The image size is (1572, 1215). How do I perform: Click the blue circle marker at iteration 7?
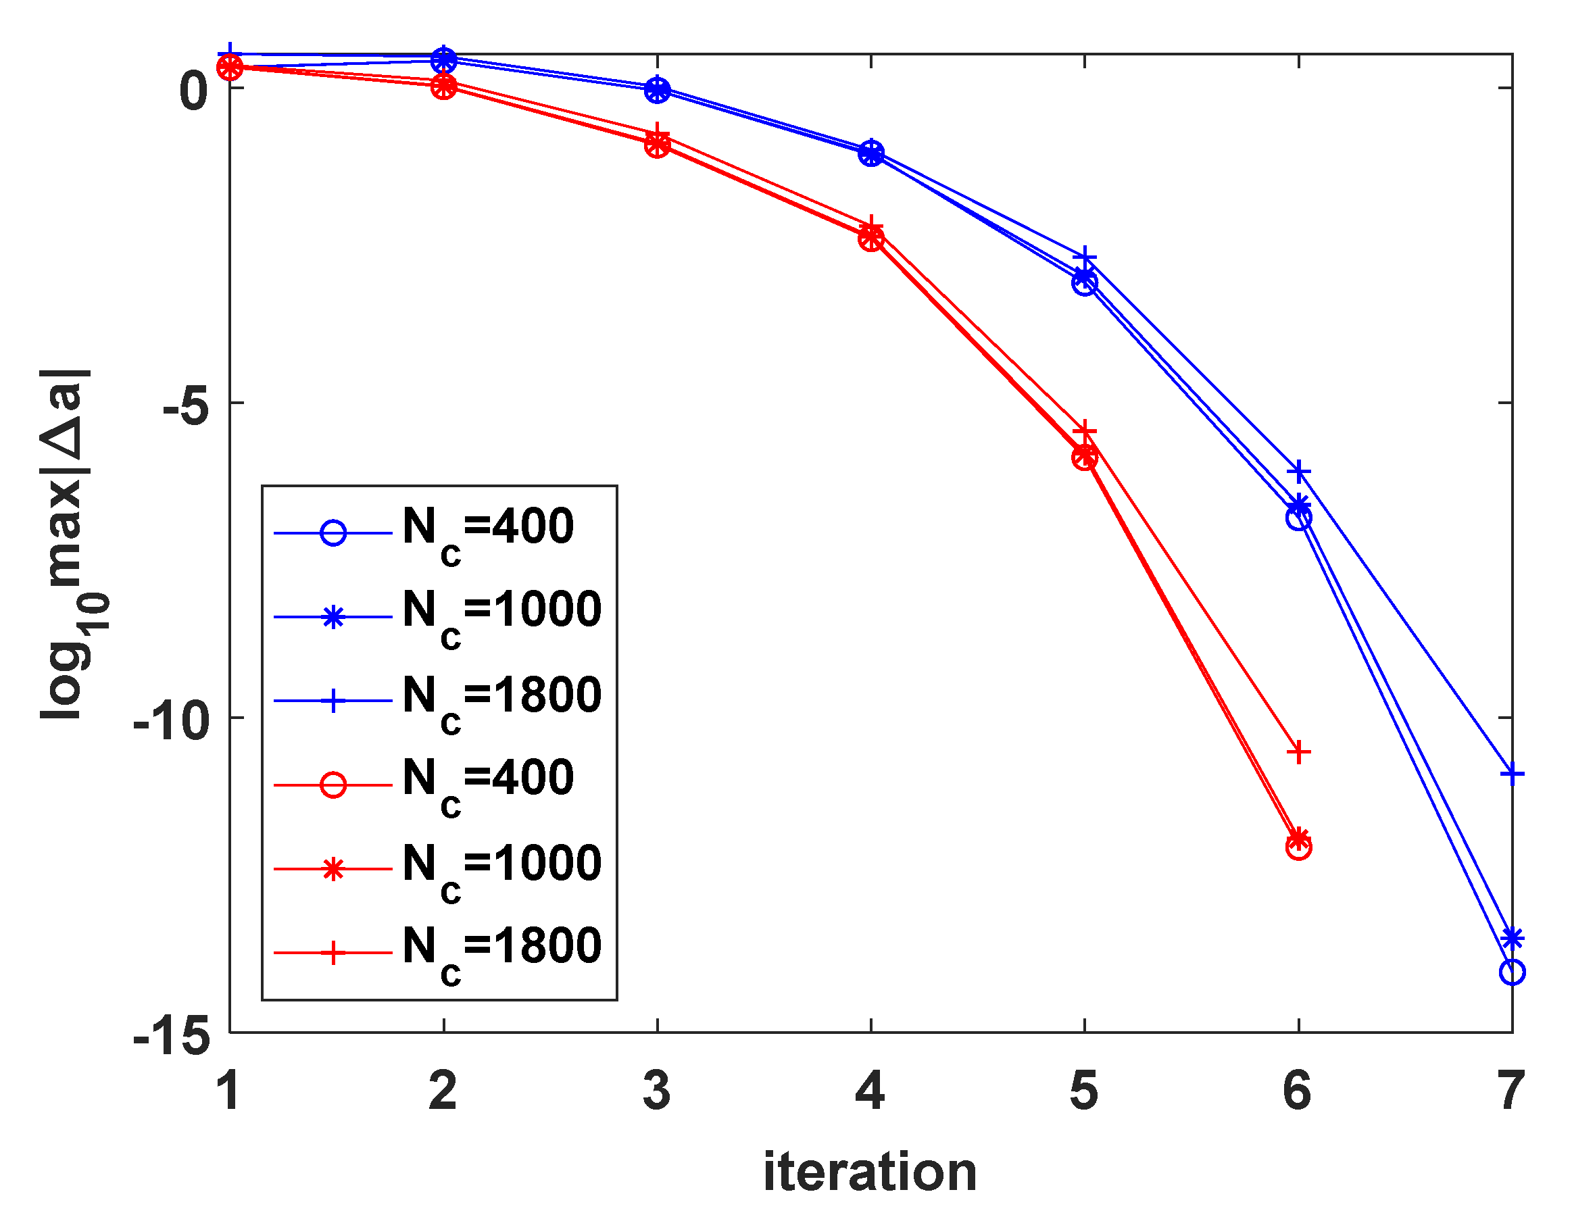(1513, 972)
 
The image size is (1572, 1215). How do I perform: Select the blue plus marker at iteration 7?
(1513, 774)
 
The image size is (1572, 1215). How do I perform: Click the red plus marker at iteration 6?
(1298, 752)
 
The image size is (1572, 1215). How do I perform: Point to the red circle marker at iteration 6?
(1298, 848)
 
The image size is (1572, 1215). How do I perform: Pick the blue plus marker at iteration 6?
(1298, 472)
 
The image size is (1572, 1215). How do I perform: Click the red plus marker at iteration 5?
(1085, 432)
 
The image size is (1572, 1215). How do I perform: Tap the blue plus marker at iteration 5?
(1085, 257)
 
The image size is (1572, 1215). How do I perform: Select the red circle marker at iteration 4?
(871, 239)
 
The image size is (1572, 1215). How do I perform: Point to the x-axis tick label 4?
(870, 1091)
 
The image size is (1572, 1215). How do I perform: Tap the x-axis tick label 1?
(229, 1091)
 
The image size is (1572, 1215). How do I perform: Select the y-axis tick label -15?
(171, 1037)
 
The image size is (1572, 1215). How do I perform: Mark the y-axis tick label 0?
(193, 91)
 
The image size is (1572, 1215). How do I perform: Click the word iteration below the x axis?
(870, 1172)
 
